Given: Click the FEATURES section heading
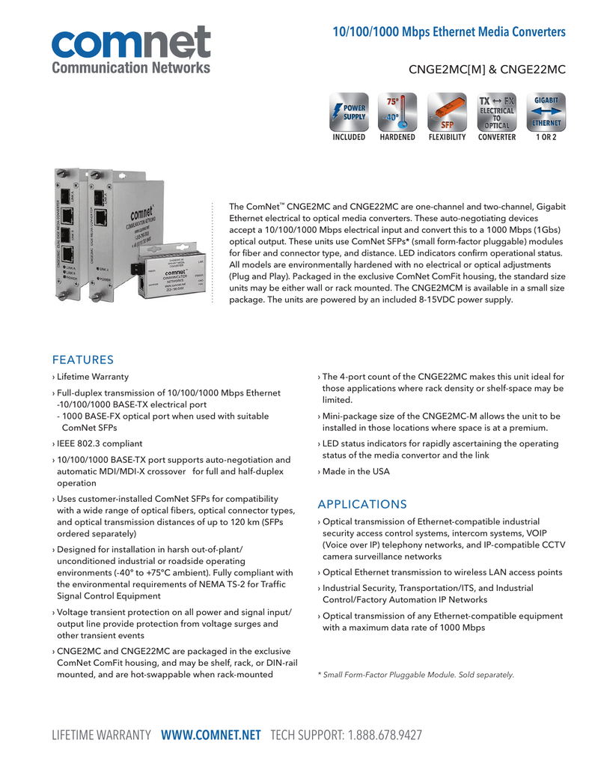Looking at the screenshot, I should [x=82, y=360].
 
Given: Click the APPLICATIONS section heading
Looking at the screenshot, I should [x=362, y=504].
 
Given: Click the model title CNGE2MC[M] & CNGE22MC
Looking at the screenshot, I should [x=486, y=70].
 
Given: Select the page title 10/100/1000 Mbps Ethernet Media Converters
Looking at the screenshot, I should [x=449, y=32].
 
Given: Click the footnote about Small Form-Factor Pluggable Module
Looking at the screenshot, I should [x=416, y=675].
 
